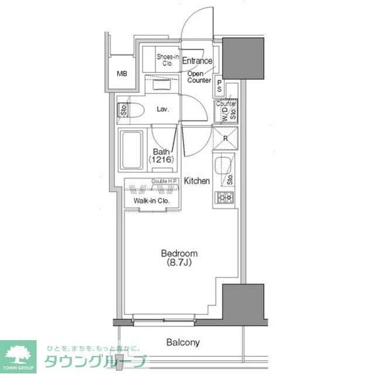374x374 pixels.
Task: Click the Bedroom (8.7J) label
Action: coord(179,258)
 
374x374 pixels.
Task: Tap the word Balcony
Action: coord(182,342)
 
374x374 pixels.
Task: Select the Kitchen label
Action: coord(197,181)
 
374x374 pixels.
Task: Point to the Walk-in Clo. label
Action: coord(151,201)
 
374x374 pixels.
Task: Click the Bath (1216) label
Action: coord(161,155)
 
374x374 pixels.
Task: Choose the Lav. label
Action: coord(164,109)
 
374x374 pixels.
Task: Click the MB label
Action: coord(122,74)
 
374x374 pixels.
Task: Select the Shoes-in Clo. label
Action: coord(167,60)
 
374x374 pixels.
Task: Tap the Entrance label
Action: coord(197,61)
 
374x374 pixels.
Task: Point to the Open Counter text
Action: coord(199,77)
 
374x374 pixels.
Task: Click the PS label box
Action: coord(219,86)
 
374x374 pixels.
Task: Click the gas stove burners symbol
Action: coord(226,198)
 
